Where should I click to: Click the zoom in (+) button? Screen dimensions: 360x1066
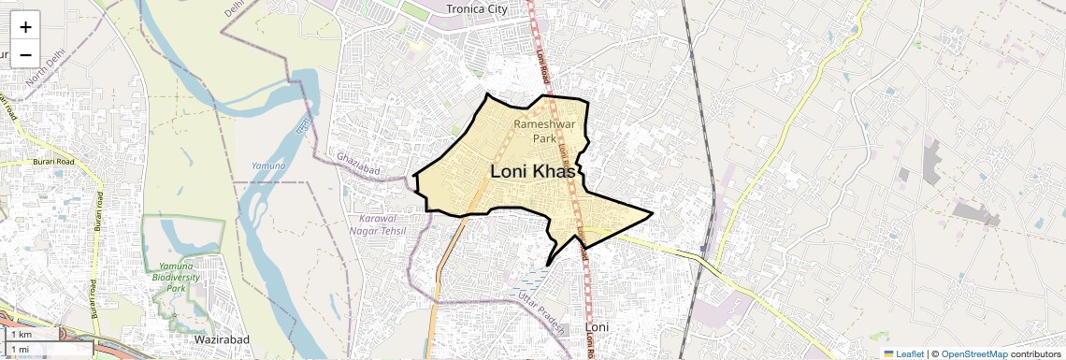pos(25,27)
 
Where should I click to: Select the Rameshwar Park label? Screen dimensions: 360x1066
pos(536,131)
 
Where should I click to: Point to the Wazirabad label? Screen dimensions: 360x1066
pos(220,341)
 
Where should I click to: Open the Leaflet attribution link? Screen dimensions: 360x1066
pos(905,353)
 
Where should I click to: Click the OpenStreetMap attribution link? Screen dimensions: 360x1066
pos(973,353)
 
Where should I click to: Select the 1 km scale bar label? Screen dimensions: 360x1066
pos(21,335)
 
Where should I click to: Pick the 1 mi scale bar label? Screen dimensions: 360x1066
pos(21,350)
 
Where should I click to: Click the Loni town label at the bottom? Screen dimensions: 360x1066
pos(596,327)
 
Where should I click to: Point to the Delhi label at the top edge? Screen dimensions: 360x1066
pos(233,12)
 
